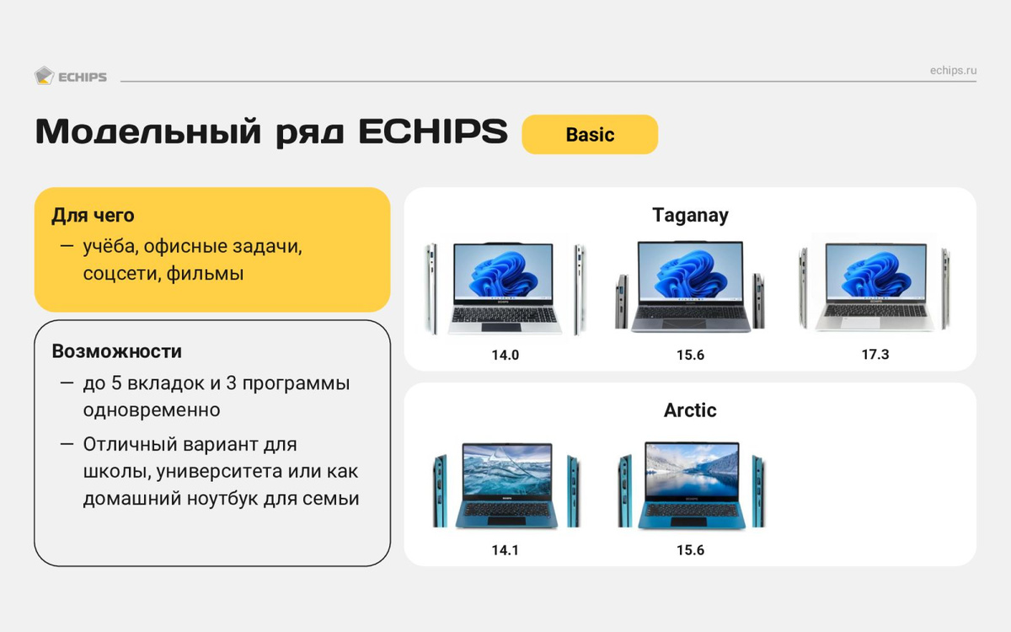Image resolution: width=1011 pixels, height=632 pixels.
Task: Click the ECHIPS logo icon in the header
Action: pos(44,76)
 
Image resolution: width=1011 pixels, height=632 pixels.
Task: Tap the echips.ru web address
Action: pos(953,71)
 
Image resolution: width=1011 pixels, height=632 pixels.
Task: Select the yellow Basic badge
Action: pos(590,135)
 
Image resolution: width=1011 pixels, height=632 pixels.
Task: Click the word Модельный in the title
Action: pos(148,131)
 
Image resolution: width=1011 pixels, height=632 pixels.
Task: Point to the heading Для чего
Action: pos(93,216)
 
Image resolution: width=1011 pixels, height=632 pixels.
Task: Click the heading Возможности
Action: pos(117,351)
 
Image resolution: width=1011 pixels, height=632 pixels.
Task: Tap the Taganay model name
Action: pos(690,216)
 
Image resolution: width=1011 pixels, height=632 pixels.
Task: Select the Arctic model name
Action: pos(690,410)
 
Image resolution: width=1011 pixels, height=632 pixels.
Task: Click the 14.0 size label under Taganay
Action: pos(505,356)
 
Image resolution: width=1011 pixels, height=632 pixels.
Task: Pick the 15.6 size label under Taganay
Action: pos(690,355)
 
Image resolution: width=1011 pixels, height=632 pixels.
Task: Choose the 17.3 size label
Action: pos(875,355)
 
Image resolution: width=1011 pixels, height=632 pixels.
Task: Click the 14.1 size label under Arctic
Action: pos(505,550)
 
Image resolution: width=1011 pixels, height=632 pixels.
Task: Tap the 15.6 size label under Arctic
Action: pos(690,550)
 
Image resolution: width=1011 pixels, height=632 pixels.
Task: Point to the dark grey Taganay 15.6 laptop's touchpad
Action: pos(684,324)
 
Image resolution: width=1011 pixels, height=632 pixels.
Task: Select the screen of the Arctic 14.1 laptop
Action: pos(507,469)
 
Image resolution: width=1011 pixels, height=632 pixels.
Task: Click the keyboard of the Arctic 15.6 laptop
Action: pos(691,510)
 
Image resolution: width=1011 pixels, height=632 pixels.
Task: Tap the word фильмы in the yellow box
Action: pos(205,274)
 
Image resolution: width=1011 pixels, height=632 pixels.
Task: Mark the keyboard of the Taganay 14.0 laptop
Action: pos(505,314)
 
